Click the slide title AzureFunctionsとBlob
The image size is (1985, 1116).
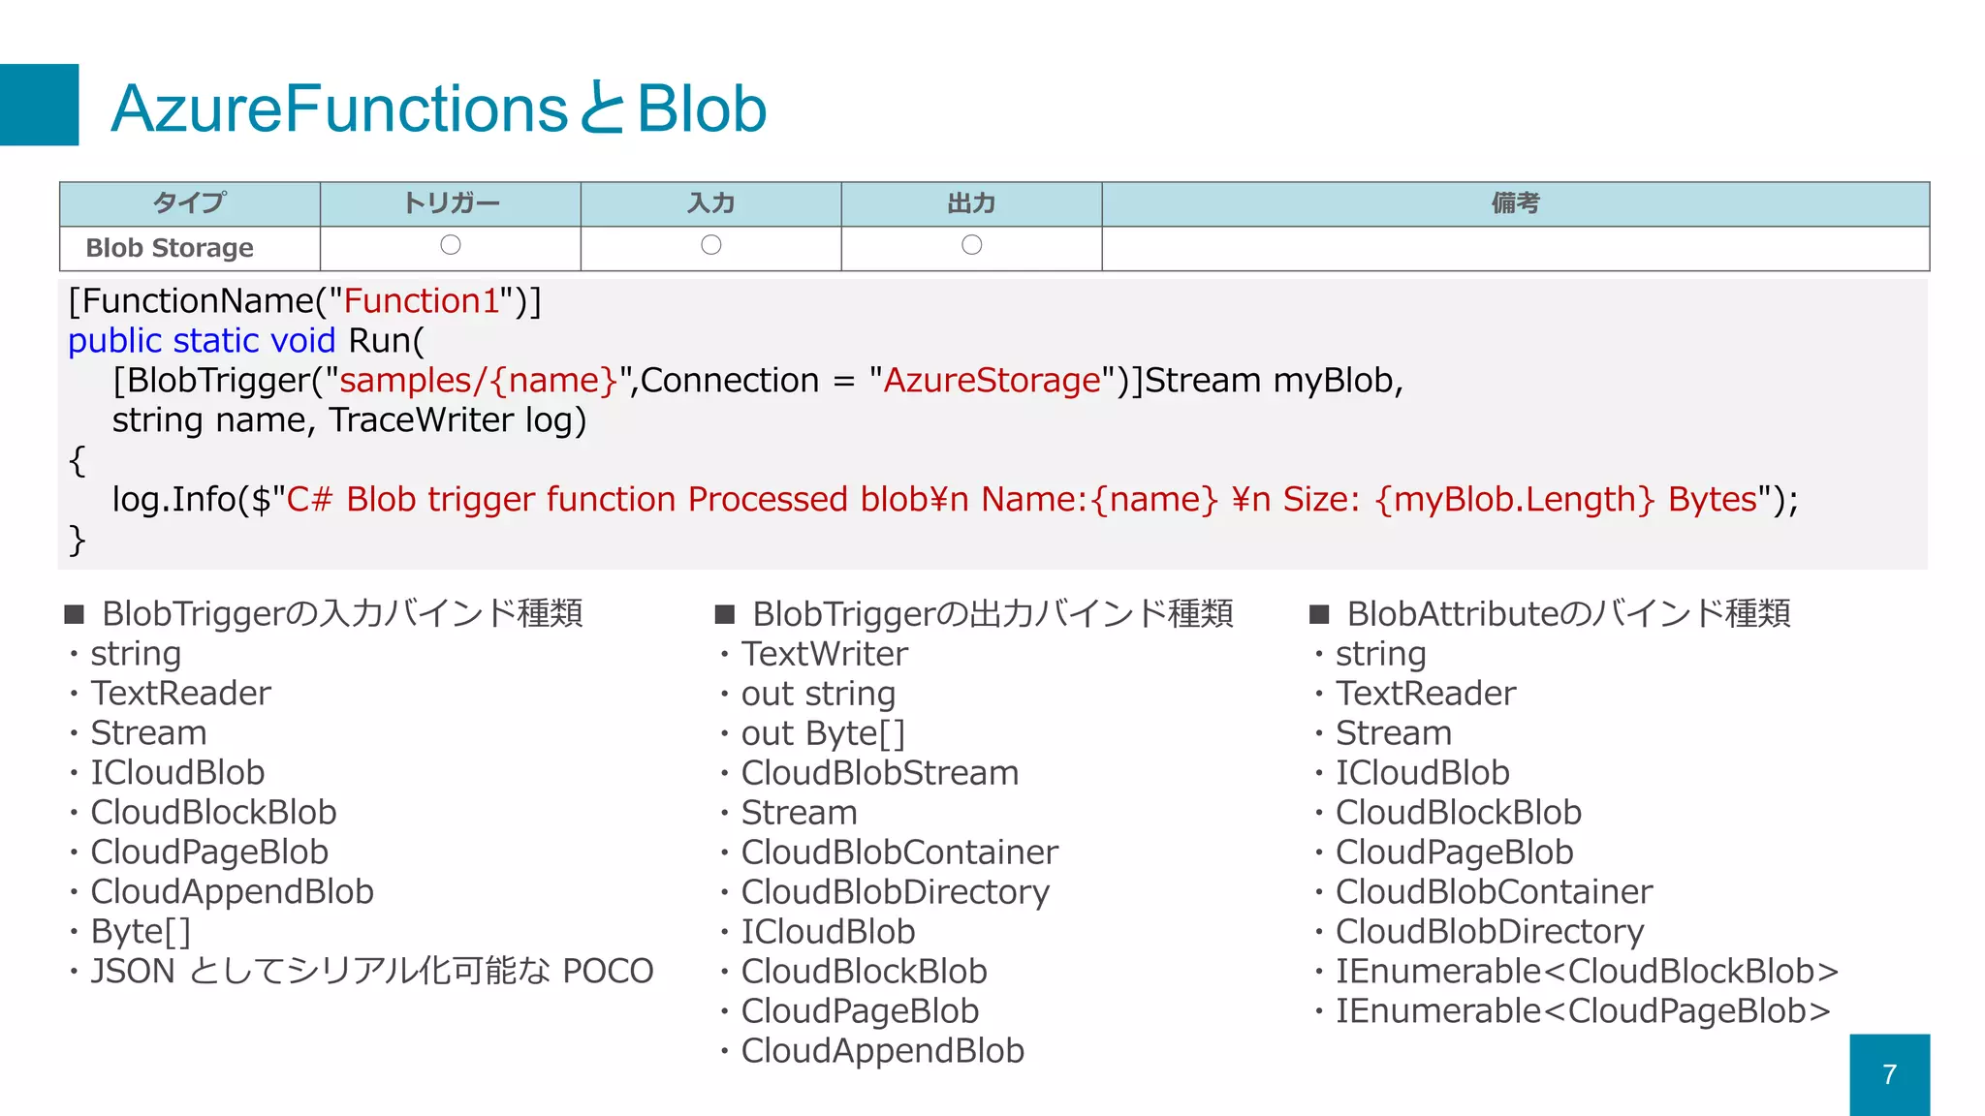[x=438, y=108]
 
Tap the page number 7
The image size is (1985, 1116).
[x=1889, y=1074]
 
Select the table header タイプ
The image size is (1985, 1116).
[x=190, y=202]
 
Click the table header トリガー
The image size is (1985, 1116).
[x=451, y=202]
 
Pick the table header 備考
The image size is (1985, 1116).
[x=1515, y=202]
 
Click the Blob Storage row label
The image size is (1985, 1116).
[x=170, y=248]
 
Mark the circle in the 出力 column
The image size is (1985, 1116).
[x=971, y=245]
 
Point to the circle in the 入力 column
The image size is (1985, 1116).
[x=710, y=245]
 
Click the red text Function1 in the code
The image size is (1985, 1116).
[x=421, y=301]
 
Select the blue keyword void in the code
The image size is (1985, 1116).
[x=302, y=341]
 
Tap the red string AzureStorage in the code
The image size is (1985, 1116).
[x=992, y=381]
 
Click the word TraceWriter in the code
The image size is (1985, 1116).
[x=421, y=420]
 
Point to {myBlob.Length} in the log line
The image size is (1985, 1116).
[x=1514, y=500]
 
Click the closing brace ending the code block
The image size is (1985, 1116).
[x=78, y=540]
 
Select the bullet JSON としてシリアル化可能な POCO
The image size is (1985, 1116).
[x=371, y=971]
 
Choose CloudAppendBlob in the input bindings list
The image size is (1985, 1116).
[x=232, y=891]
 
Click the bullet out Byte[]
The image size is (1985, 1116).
[x=822, y=733]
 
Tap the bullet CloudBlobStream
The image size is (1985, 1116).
[x=879, y=773]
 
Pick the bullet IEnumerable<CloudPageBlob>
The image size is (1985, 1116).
[x=1582, y=1010]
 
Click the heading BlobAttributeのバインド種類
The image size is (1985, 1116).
[x=1567, y=613]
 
